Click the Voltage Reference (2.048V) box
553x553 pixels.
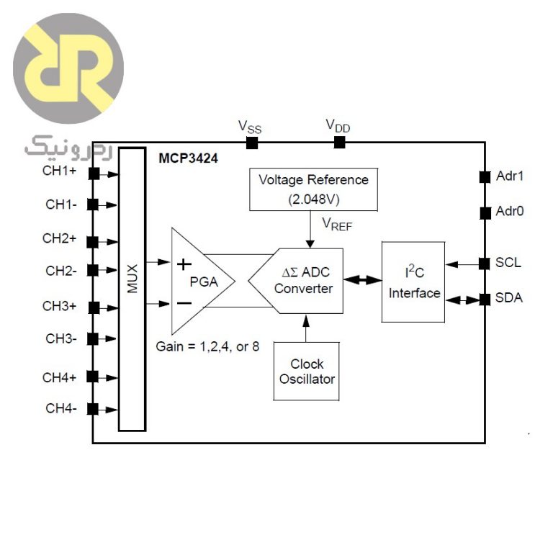click(313, 189)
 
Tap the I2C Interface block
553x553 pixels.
click(413, 282)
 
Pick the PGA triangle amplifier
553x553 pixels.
click(198, 282)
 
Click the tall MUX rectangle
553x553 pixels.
click(132, 288)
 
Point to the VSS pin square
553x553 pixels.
click(251, 142)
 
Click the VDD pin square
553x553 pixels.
click(338, 142)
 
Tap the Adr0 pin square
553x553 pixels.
click(484, 212)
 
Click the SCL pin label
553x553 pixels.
click(508, 263)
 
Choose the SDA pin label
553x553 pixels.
click(508, 298)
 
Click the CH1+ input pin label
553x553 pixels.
click(60, 171)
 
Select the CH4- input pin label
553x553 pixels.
click(61, 408)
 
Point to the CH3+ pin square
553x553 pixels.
click(93, 307)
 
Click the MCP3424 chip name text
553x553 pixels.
click(189, 158)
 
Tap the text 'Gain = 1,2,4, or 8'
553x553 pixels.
click(207, 346)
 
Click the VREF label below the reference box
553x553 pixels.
click(337, 225)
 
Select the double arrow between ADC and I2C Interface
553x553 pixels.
click(362, 281)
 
